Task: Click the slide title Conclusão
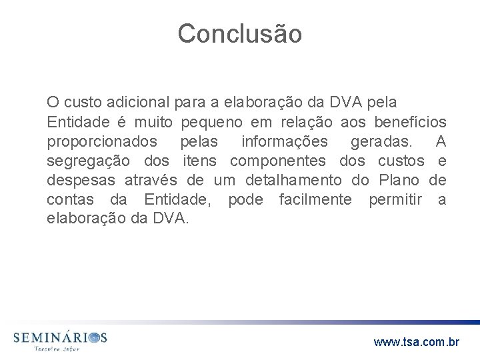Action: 239,33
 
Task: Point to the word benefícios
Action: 407,123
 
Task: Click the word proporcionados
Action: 102,141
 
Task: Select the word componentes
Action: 278,161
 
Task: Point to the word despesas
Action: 81,180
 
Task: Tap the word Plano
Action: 399,180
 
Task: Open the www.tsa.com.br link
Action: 417,343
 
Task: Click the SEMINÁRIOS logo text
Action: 60,337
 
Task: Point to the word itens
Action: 200,161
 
